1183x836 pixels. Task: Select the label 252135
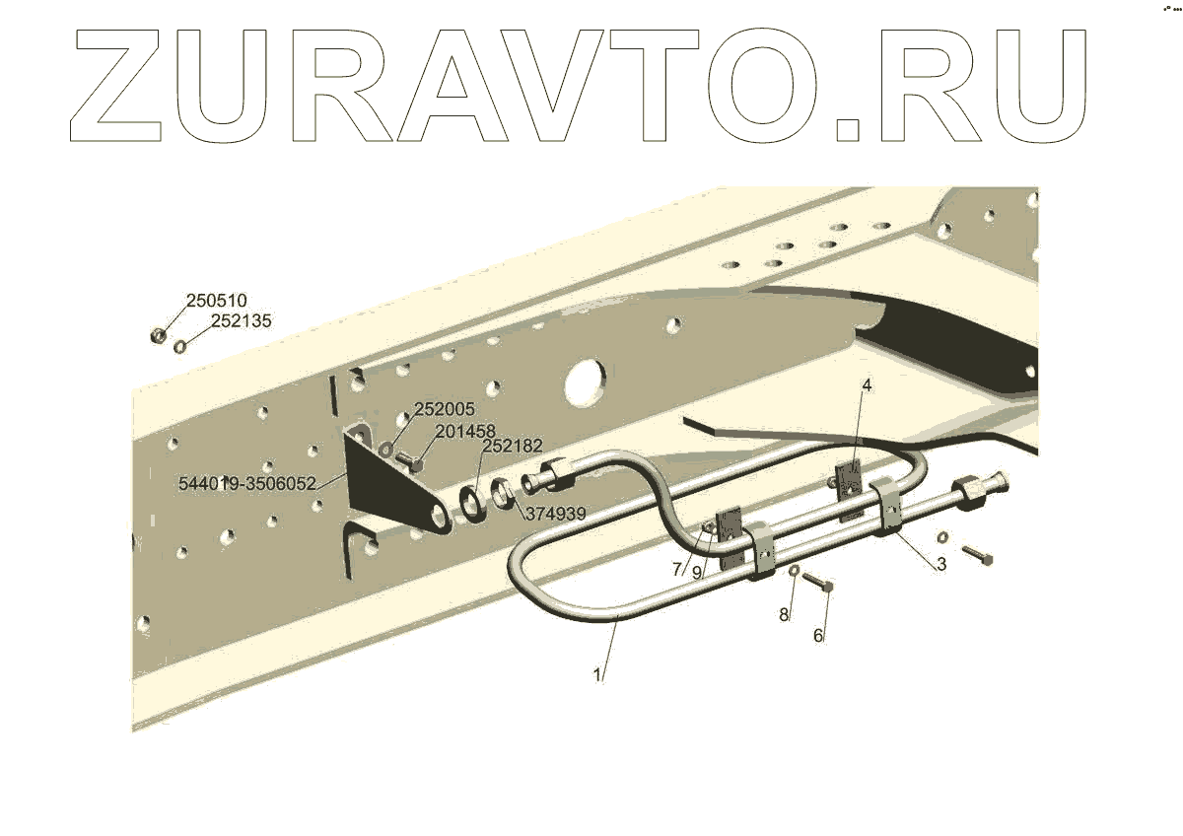[241, 320]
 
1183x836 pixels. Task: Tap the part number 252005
[444, 409]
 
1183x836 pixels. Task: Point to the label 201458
[464, 430]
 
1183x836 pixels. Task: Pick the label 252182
[512, 447]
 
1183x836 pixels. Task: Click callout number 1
[596, 675]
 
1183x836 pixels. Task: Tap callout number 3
[940, 565]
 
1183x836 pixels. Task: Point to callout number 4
[867, 385]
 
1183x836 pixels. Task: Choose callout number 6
[817, 636]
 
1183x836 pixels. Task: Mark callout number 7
[677, 569]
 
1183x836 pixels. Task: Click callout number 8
[784, 615]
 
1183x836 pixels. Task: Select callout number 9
[696, 572]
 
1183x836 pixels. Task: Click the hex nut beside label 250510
[156, 337]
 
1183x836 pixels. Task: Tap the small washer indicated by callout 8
[794, 571]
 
